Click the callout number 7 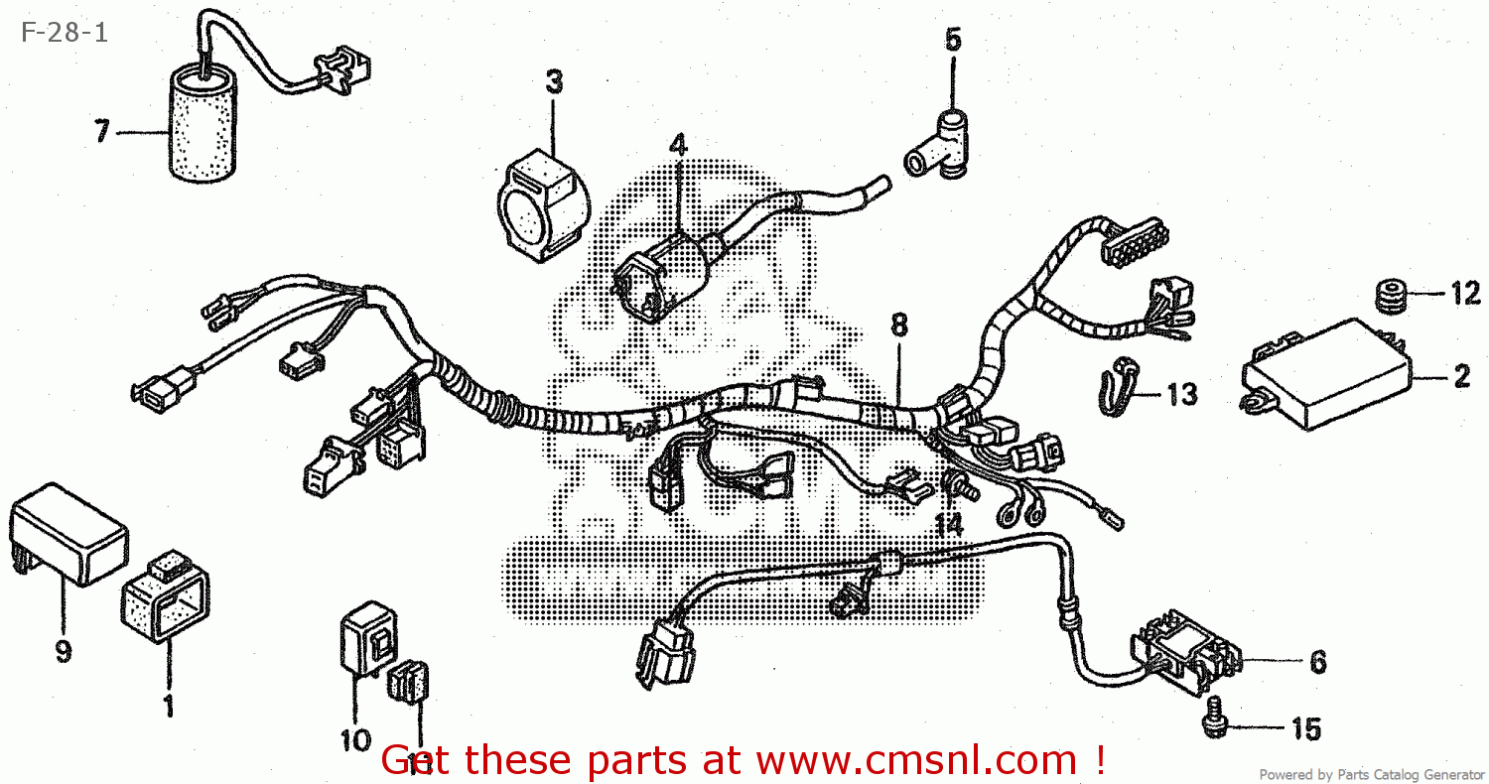(x=101, y=132)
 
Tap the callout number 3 (x=554, y=80)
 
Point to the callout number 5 (x=952, y=40)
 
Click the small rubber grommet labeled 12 (x=1391, y=296)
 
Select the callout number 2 (x=1460, y=377)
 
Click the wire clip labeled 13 (x=1118, y=386)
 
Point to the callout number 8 (x=898, y=325)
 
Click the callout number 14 (x=949, y=525)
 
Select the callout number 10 (x=354, y=740)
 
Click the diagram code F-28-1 (x=63, y=32)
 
